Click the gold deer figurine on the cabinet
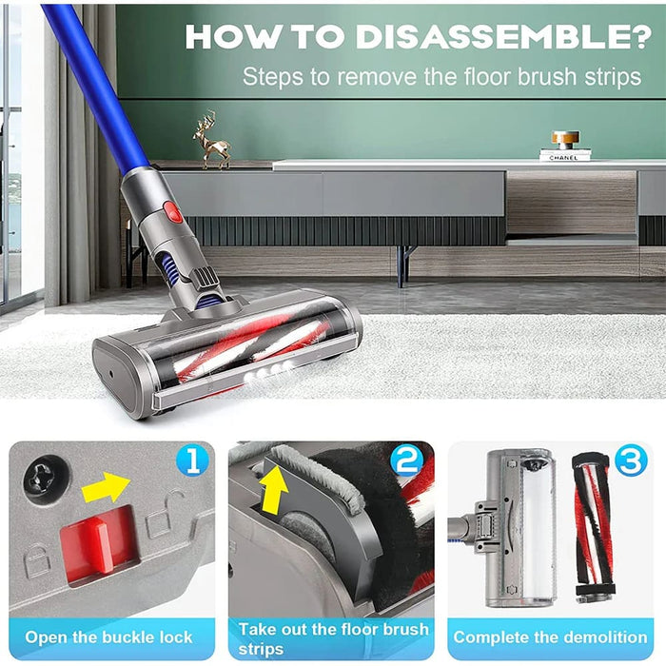(210, 140)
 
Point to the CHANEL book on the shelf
(565, 155)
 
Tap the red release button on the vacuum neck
(174, 211)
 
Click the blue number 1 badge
(192, 463)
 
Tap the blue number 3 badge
(629, 463)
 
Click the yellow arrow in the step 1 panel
(106, 488)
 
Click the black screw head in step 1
(45, 480)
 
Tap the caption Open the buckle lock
(108, 637)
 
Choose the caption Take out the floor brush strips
(333, 637)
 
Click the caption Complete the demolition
(550, 637)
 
